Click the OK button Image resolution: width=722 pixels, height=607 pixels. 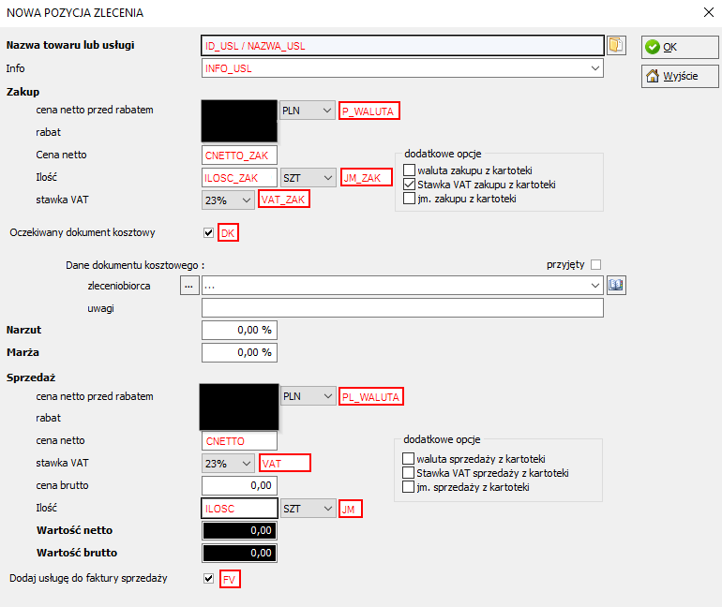click(680, 47)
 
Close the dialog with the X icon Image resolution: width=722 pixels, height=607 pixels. click(709, 12)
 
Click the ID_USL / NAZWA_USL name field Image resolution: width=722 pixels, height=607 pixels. click(402, 46)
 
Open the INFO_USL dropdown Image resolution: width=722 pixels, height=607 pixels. click(594, 68)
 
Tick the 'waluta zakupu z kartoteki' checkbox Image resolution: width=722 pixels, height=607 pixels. click(409, 170)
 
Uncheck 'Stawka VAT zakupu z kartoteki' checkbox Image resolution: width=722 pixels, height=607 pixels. click(409, 185)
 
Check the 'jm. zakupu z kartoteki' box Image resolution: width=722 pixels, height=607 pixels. click(409, 199)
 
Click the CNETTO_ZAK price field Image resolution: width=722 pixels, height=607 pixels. click(239, 155)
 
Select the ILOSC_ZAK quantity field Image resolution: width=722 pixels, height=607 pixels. click(239, 177)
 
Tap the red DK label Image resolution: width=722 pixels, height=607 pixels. click(228, 233)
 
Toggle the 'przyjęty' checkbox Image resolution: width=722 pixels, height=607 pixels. click(595, 265)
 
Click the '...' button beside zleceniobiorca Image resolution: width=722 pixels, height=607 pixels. click(189, 286)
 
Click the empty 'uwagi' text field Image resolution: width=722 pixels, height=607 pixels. click(402, 308)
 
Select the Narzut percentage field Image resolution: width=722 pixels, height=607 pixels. click(239, 330)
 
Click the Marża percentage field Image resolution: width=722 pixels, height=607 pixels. click(239, 353)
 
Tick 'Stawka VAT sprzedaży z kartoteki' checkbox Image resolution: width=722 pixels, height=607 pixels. click(408, 473)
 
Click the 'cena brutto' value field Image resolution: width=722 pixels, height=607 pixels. click(239, 485)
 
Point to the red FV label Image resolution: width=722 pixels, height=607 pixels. click(230, 580)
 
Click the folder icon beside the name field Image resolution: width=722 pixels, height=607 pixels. click(616, 46)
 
